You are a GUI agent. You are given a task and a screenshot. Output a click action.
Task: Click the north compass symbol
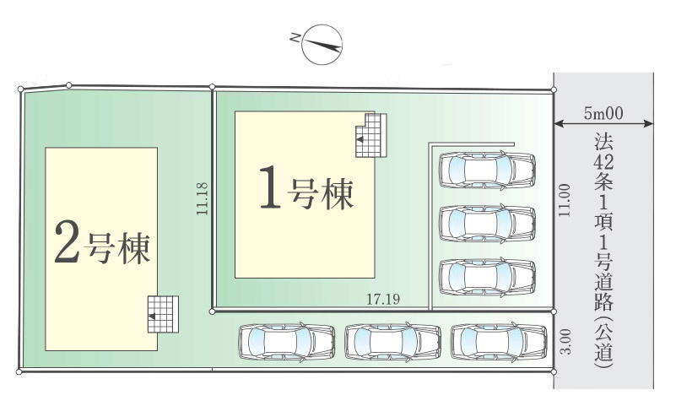coord(322,45)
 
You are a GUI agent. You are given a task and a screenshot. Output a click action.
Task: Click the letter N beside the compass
coord(295,38)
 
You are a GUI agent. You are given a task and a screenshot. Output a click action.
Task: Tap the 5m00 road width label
coord(603,113)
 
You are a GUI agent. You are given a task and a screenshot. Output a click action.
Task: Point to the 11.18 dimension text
coord(202,198)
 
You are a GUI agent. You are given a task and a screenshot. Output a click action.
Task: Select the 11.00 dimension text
coord(565,200)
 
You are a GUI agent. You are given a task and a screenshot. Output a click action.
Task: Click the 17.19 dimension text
coord(383,299)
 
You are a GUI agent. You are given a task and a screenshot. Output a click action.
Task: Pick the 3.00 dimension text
coord(565,341)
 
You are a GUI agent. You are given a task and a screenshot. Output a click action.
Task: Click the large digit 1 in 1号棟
coord(271,187)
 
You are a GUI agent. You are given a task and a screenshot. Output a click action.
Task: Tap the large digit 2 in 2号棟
coord(67,241)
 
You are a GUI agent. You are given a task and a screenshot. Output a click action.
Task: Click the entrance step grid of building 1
coord(370,135)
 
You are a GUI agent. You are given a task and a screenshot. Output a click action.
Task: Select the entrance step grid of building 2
coord(163,314)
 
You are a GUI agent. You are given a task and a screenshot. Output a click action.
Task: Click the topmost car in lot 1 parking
coord(487,171)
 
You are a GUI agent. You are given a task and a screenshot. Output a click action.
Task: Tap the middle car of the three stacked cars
coord(487,223)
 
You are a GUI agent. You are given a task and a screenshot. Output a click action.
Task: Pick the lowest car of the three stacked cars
coord(487,277)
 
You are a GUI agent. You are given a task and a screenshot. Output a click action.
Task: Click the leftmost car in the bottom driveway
coord(287,342)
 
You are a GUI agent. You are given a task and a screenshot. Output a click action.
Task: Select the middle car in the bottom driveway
coord(392,342)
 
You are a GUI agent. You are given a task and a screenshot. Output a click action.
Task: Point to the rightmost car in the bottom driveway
coord(499,342)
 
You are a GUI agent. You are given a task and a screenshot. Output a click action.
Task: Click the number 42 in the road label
coord(603,162)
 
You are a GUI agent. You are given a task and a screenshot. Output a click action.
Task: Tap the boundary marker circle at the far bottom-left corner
coord(19,371)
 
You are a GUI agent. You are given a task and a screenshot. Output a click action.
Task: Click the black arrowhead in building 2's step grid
coord(152,316)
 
